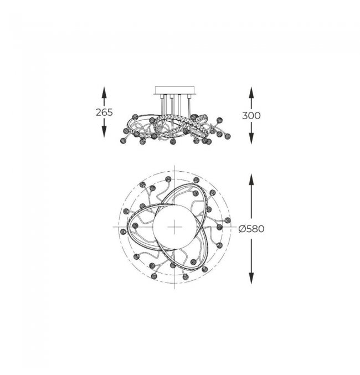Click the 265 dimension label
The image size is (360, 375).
tap(104, 112)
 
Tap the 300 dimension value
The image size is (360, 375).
tap(251, 116)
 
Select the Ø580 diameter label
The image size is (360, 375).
tap(251, 229)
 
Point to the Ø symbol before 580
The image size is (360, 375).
tap(242, 229)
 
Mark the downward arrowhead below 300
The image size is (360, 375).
tap(251, 139)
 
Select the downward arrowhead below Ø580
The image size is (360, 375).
tap(251, 279)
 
